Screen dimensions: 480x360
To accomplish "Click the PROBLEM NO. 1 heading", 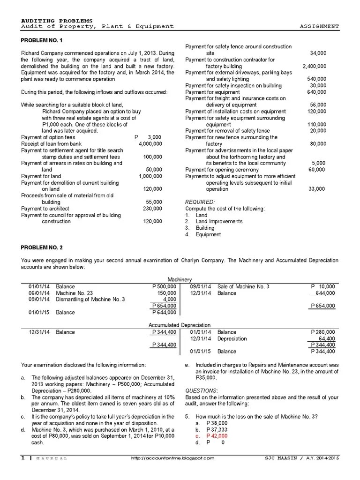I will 42,41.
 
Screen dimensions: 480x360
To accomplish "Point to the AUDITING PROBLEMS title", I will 57,21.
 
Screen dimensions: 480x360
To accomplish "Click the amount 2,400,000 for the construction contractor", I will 315,67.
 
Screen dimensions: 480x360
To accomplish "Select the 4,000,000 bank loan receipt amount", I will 150,143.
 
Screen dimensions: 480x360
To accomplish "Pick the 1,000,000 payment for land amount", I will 150,176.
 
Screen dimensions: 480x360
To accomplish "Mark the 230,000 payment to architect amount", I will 153,209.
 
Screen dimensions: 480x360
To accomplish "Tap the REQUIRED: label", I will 200,202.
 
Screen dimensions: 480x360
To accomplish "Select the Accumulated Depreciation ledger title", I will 180,325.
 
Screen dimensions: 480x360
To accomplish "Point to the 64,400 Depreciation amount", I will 326,338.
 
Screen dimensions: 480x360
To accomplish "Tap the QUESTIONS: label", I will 201,390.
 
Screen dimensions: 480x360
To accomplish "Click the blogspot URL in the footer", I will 172,458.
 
